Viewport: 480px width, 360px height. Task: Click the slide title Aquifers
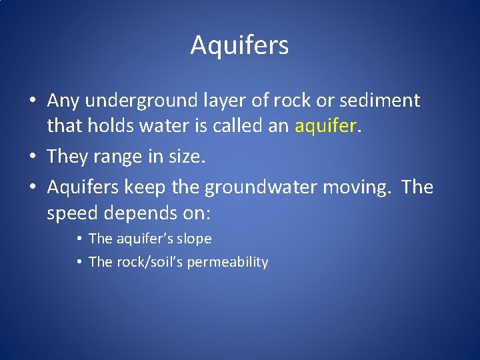click(x=239, y=45)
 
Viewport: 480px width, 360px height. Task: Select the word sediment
click(x=381, y=101)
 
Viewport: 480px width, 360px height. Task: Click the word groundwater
click(x=260, y=188)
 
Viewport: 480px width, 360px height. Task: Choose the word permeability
click(x=227, y=262)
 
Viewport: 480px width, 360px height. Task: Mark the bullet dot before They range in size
click(x=33, y=157)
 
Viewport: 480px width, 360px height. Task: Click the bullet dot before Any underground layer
click(x=33, y=101)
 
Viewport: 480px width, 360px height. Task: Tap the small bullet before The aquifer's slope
click(x=79, y=239)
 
